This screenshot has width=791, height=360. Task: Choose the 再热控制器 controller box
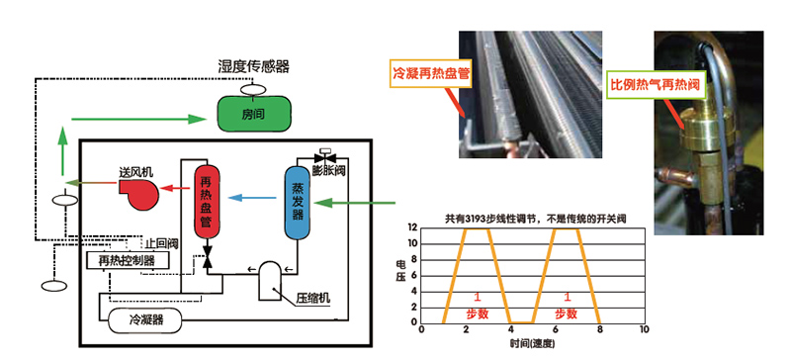click(x=126, y=260)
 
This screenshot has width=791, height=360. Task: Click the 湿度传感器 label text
click(x=253, y=66)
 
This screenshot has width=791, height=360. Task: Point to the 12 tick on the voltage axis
click(x=413, y=228)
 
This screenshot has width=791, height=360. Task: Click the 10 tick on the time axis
click(x=645, y=329)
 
